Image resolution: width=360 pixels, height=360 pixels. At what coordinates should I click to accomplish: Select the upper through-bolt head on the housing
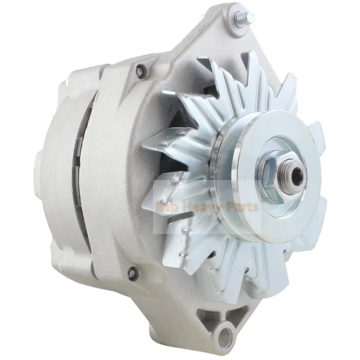pyautogui.click(x=141, y=70)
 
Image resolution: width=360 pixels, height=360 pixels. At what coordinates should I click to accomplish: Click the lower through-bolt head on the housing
pyautogui.click(x=132, y=274)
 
